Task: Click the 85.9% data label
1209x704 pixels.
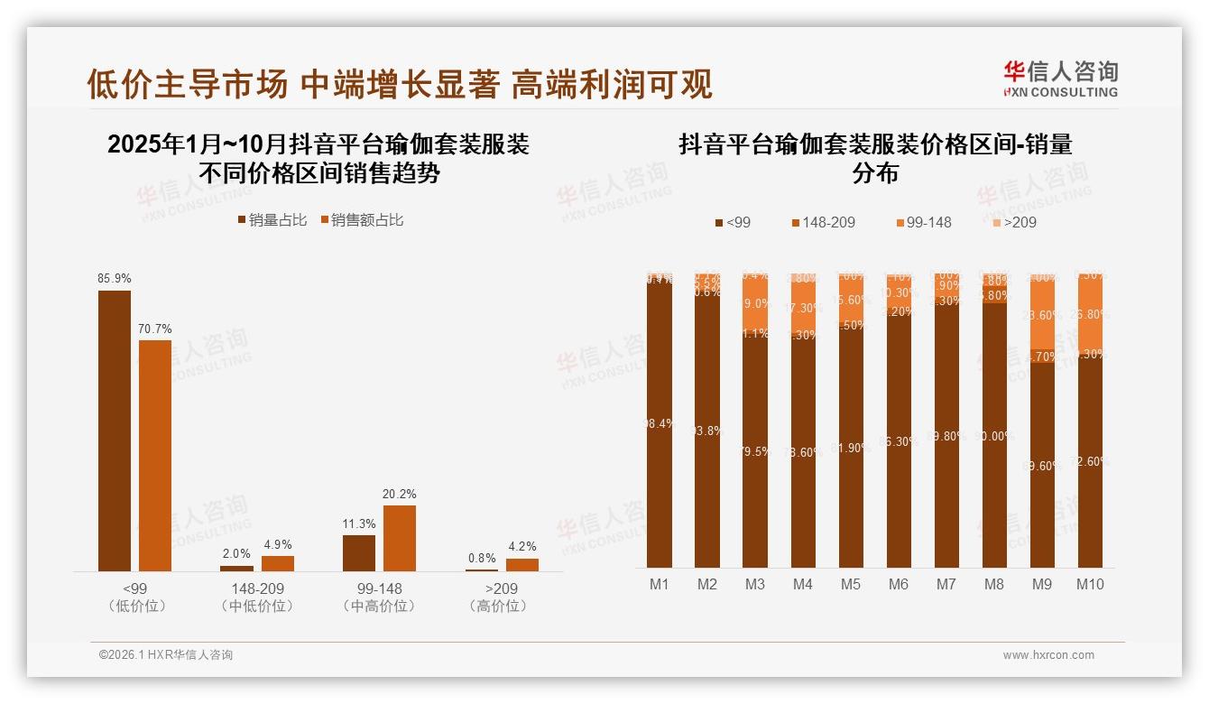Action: click(115, 279)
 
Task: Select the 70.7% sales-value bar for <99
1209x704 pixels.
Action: click(155, 455)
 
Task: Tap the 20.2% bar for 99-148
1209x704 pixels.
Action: click(400, 538)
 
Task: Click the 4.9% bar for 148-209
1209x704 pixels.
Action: click(278, 563)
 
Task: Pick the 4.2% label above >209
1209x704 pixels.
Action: click(521, 547)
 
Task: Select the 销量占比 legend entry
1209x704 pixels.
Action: click(272, 220)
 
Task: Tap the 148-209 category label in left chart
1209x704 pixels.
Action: click(257, 589)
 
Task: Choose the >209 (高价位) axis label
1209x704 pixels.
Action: click(501, 597)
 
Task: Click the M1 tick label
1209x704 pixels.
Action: click(660, 584)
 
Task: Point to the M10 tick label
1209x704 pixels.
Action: click(1090, 584)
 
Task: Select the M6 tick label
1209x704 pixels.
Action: click(899, 584)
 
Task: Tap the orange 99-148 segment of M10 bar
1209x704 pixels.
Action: click(1090, 314)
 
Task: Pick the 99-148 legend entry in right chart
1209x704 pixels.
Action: click(922, 222)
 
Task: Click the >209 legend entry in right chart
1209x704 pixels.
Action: click(1014, 222)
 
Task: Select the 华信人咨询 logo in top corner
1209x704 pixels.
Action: click(1060, 78)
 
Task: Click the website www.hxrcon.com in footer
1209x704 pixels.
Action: click(1048, 655)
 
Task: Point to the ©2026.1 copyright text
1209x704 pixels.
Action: click(166, 655)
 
